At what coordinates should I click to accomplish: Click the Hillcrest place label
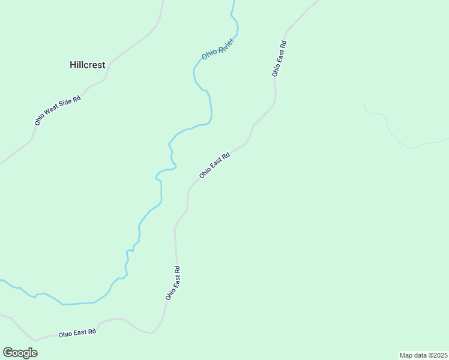[x=87, y=65]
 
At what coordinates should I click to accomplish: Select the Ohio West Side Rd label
[x=58, y=110]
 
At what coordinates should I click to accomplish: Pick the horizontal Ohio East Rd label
[x=77, y=332]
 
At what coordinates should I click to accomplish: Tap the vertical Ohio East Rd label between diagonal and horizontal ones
[x=173, y=283]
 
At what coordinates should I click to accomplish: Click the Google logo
[x=20, y=353]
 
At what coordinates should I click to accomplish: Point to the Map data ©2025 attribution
[x=423, y=355]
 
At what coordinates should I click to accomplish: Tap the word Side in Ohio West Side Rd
[x=65, y=106]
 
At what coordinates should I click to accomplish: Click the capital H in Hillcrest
[x=72, y=65]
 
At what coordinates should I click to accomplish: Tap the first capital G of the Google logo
[x=8, y=353]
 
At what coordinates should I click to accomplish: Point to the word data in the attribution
[x=420, y=355]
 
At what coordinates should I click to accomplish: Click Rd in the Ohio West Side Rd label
[x=76, y=99]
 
